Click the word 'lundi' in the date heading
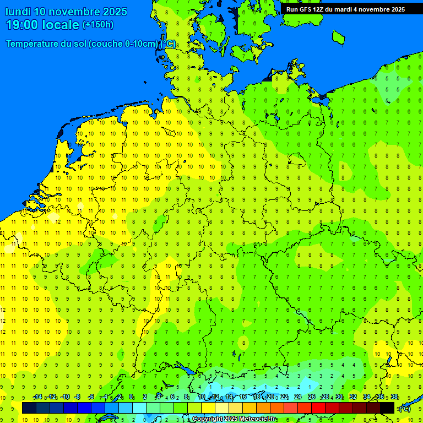coord(18,12)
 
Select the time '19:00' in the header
coord(21,25)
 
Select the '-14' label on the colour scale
coord(37,397)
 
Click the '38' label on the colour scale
coord(394,397)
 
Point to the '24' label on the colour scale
coord(298,397)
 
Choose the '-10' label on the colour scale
coord(64,397)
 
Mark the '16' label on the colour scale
coord(243,397)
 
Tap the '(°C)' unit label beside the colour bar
coord(404,408)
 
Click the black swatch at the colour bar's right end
coord(387,408)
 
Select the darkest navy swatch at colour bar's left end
coord(29,408)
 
